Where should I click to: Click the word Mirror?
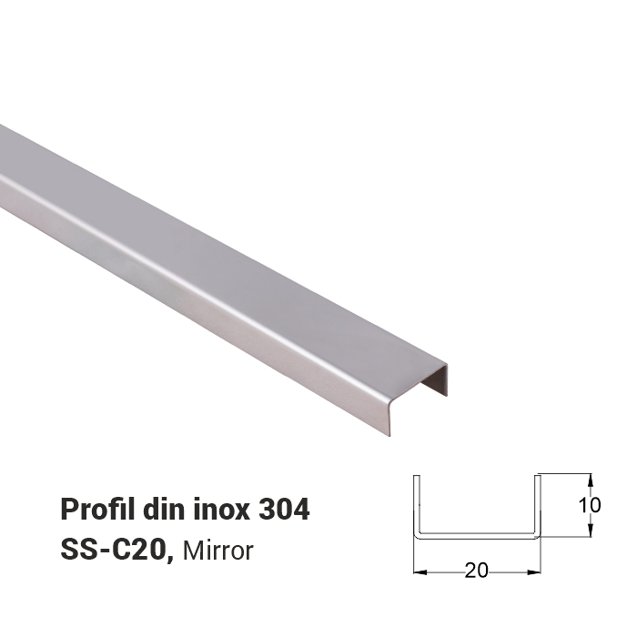coord(218,550)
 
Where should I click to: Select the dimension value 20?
coord(476,571)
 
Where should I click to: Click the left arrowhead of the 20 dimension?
coord(420,572)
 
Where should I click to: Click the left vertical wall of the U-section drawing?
coord(417,505)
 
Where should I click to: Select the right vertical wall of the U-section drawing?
coord(538,505)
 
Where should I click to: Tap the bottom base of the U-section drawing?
coord(477,537)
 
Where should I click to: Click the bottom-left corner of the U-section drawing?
coord(418,536)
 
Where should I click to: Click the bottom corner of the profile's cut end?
coord(389,434)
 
